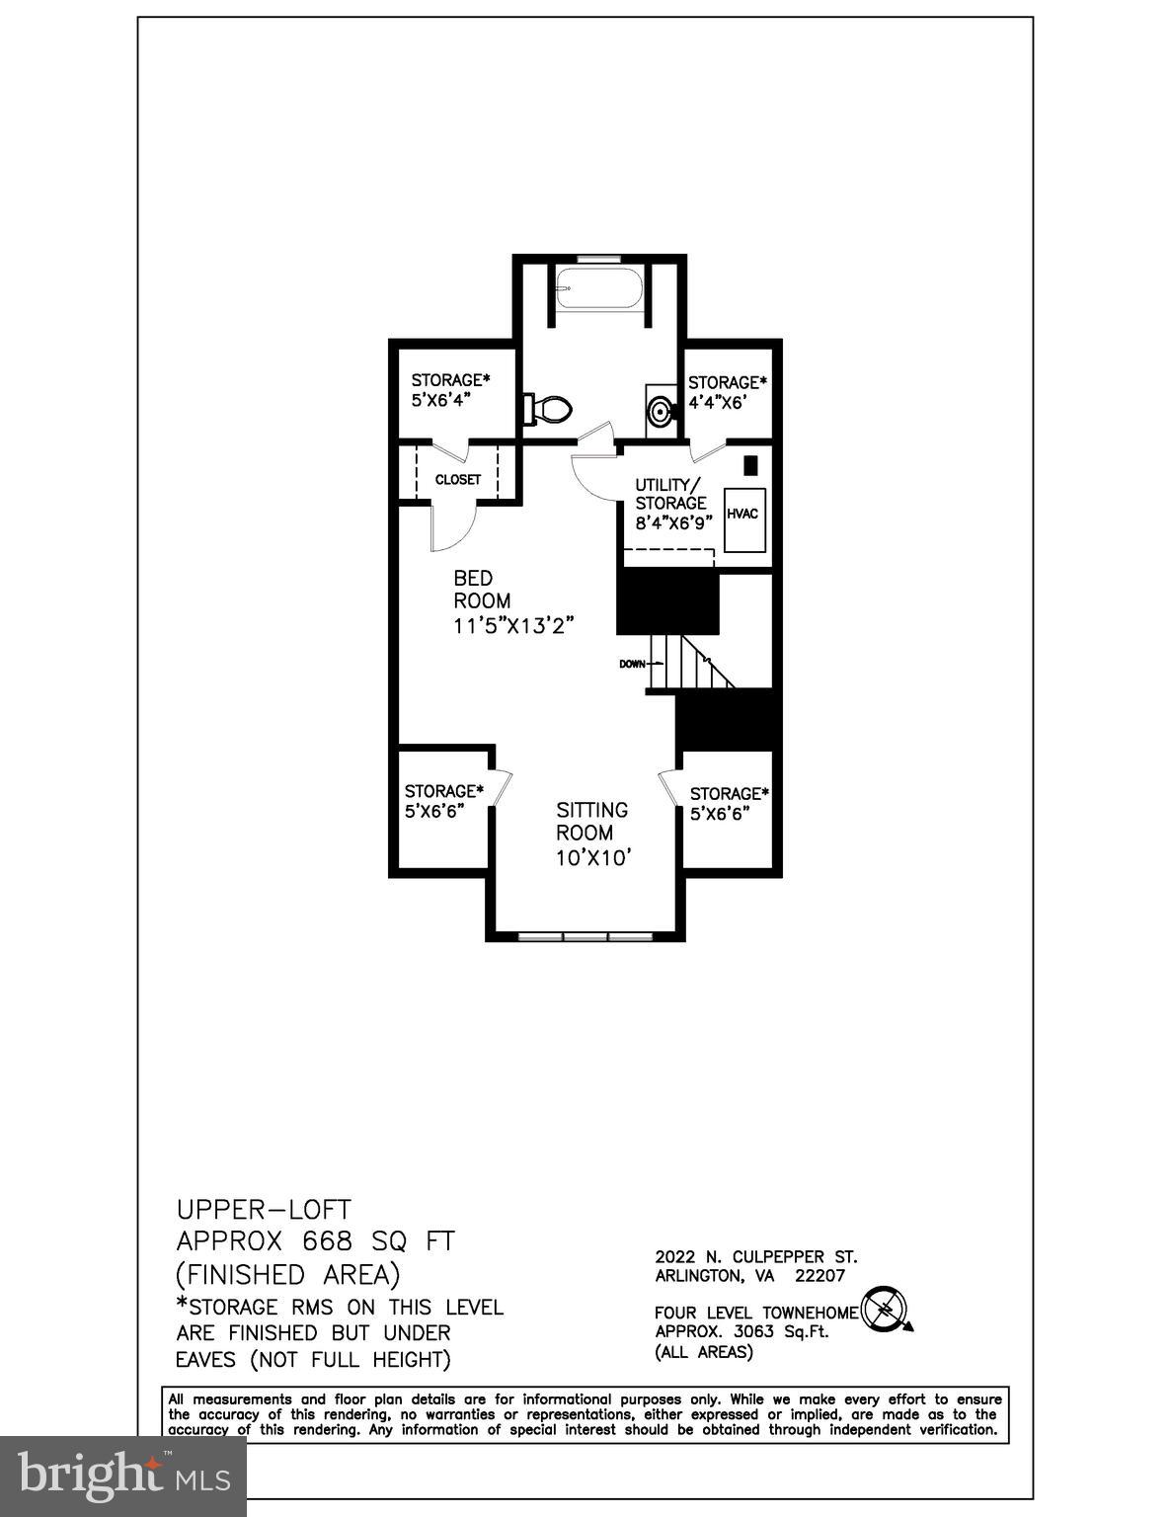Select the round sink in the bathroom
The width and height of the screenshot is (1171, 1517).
pyautogui.click(x=661, y=409)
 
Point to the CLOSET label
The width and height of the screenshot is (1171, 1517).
pyautogui.click(x=458, y=480)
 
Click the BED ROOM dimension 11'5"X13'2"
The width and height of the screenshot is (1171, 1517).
pyautogui.click(x=513, y=625)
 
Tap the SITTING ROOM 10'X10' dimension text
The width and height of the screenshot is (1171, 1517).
pyautogui.click(x=593, y=857)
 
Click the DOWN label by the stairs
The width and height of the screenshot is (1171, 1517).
pyautogui.click(x=632, y=664)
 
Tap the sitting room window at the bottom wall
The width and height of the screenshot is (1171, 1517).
pyautogui.click(x=586, y=934)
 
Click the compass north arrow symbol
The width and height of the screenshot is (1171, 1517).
pyautogui.click(x=886, y=1312)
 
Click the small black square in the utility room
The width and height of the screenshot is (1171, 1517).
pyautogui.click(x=751, y=463)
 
